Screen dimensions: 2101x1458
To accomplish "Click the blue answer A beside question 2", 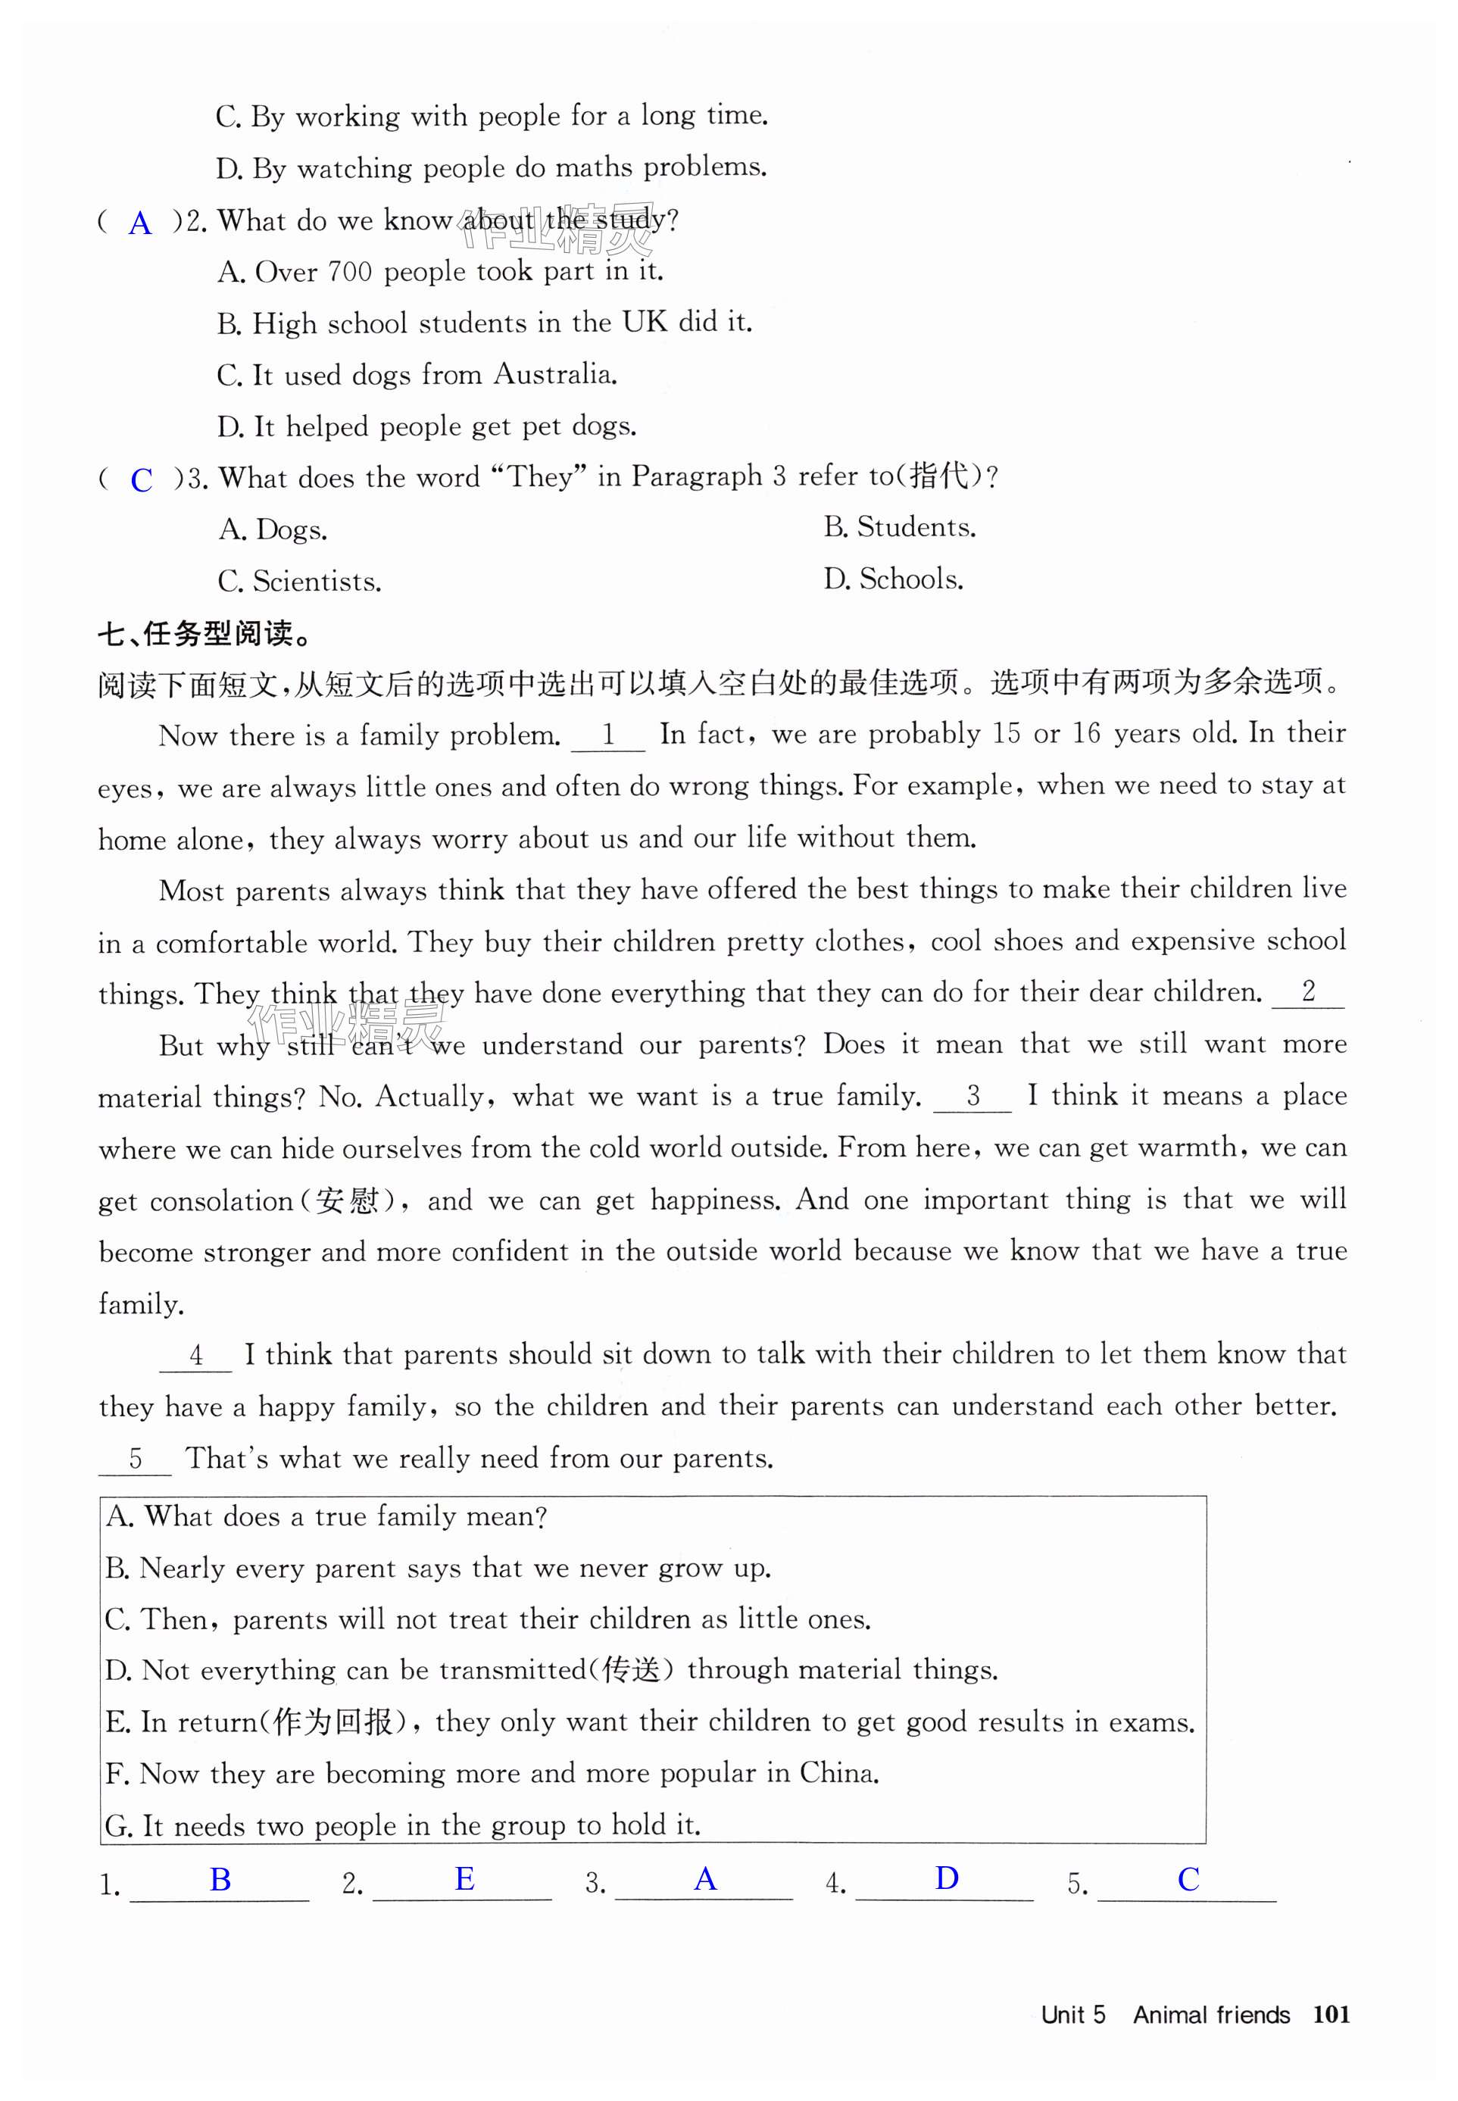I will coord(140,223).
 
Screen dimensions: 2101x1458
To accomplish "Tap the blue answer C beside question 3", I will coord(142,480).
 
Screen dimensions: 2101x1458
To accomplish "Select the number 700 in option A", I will coord(350,271).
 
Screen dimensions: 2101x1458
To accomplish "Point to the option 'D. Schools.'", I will coord(894,579).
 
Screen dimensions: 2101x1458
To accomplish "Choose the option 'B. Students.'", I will coord(900,527).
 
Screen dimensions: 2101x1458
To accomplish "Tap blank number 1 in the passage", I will coord(607,735).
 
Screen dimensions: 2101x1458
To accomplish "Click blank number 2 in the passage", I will coord(1308,992).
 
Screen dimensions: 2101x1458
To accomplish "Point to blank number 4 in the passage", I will coord(195,1355).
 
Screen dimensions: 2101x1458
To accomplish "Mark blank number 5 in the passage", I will coord(136,1458).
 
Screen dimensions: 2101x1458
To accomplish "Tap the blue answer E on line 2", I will coord(464,1879).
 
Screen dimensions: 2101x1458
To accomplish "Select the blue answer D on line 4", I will coord(947,1878).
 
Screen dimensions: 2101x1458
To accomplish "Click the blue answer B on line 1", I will coord(220,1879).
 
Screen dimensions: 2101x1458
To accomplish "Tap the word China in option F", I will coord(838,1773).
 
